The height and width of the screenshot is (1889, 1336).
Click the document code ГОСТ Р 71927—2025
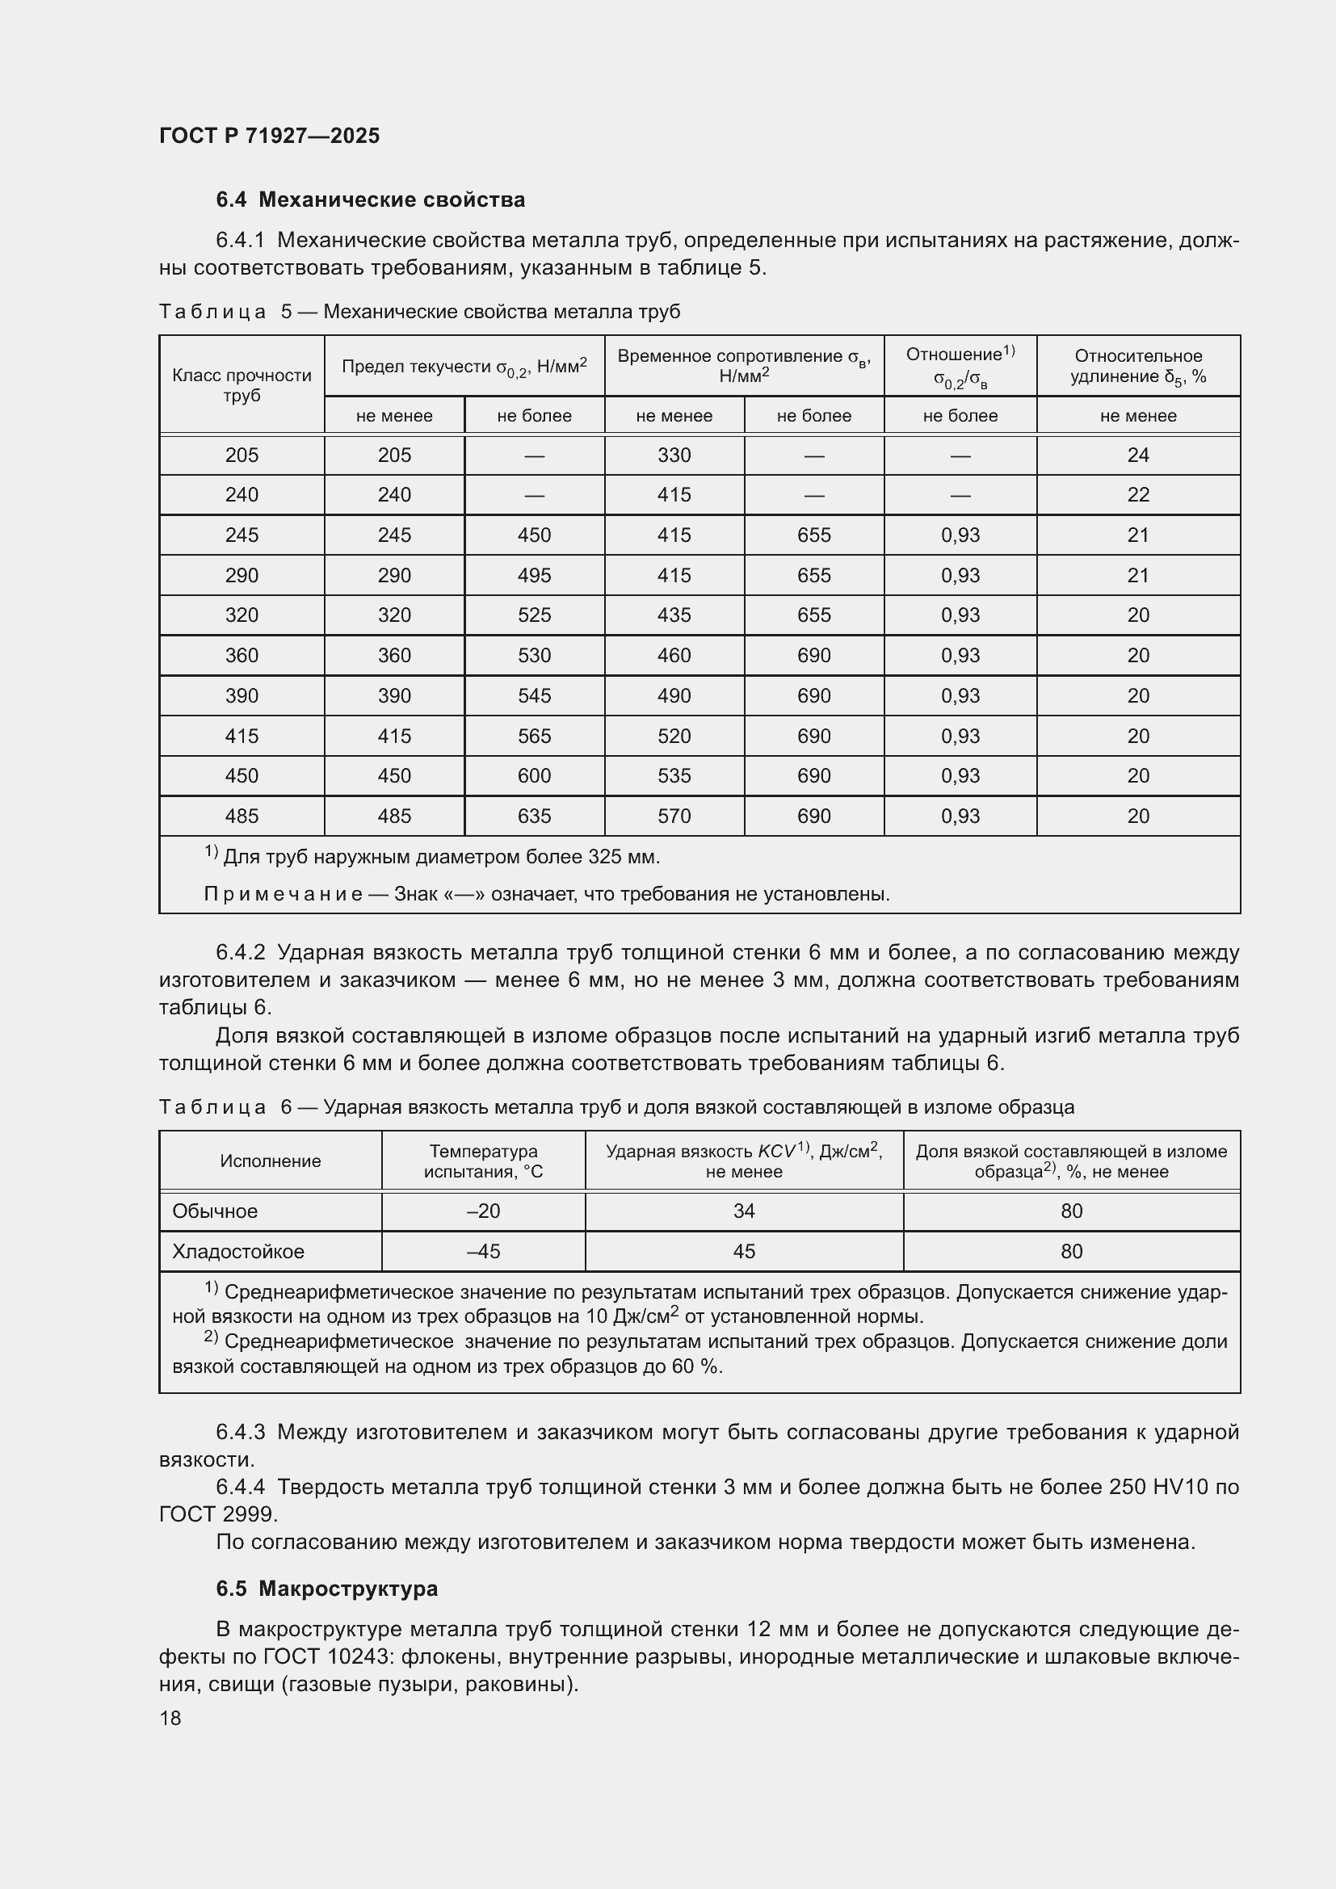click(269, 136)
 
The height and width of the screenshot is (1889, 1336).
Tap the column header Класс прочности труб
click(242, 385)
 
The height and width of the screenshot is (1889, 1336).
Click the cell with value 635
click(534, 816)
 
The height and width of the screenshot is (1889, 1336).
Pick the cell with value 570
click(674, 816)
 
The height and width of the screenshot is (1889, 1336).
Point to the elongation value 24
click(1138, 455)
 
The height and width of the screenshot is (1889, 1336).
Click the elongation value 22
click(1138, 494)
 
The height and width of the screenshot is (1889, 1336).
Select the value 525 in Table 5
click(534, 615)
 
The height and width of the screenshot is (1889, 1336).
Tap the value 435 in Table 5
click(674, 615)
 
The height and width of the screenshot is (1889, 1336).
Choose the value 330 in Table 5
click(674, 455)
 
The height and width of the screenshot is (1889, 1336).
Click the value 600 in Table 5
click(534, 776)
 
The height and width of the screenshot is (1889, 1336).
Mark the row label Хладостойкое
click(237, 1251)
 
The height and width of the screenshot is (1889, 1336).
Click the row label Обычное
click(215, 1211)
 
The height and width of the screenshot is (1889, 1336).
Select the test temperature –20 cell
click(483, 1211)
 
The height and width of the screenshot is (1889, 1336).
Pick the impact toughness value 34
click(744, 1211)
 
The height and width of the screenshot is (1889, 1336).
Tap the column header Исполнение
click(270, 1161)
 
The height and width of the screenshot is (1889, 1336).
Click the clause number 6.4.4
click(240, 1487)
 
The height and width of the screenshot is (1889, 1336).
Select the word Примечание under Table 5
click(283, 894)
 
